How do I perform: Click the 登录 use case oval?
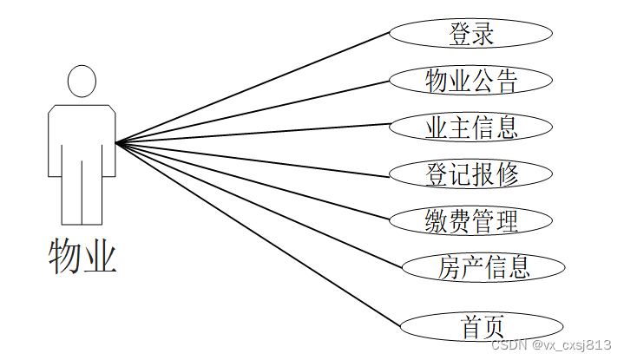471,35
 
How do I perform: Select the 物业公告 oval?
471,81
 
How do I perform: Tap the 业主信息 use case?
471,128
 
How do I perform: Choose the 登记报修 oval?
471,173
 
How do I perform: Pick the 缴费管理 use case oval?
471,220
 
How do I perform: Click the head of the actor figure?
82,81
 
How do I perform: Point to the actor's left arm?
54,139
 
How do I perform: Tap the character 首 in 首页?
472,327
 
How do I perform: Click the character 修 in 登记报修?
507,174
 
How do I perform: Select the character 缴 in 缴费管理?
437,221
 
